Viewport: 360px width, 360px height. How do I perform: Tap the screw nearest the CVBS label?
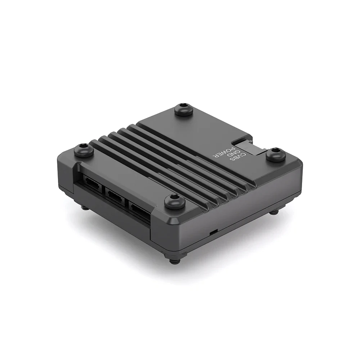pos(276,154)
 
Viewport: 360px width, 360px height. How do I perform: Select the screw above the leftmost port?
pos(84,150)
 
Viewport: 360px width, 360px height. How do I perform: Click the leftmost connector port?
pos(92,181)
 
